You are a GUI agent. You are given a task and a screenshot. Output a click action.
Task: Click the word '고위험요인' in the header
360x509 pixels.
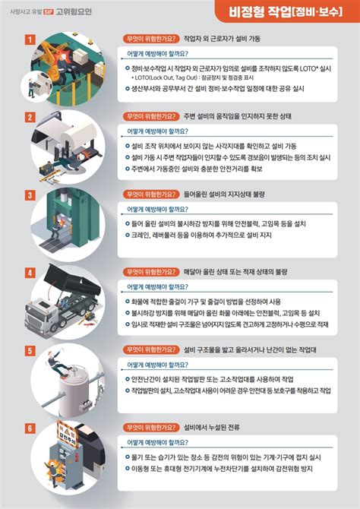74,11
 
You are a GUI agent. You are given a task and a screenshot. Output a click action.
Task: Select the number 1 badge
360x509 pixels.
30,39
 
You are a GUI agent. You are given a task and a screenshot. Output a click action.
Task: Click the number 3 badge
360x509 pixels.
30,194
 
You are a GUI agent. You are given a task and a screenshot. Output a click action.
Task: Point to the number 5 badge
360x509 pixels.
30,349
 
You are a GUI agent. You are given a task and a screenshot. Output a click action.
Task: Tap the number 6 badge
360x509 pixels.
30,428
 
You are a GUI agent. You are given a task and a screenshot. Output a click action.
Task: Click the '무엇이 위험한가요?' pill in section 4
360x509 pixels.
153,272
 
